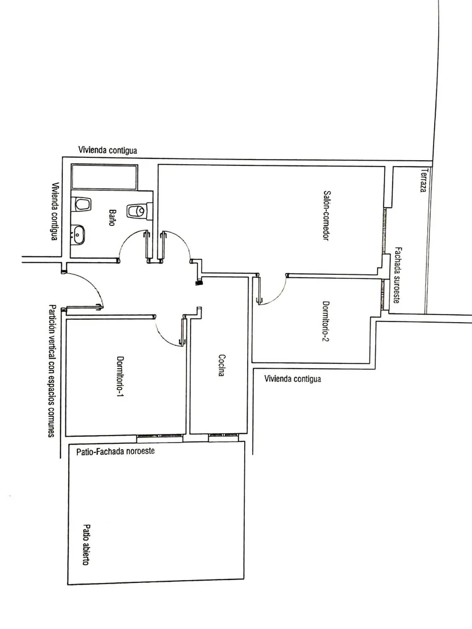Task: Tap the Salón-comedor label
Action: coord(326,215)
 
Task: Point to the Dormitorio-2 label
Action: coord(326,321)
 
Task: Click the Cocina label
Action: coord(221,365)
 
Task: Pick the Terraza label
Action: coord(423,180)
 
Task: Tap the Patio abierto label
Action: coord(86,545)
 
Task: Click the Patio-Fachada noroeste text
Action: coord(115,451)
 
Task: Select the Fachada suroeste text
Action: coord(397,275)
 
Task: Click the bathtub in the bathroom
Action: coord(104,177)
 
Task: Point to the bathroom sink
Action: coord(78,235)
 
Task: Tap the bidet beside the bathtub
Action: coord(82,204)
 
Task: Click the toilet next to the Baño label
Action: coord(139,211)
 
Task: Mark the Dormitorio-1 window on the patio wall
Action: coord(160,436)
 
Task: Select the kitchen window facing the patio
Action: coord(223,435)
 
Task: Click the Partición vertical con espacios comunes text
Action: coord(51,370)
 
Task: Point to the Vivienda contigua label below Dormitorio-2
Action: coord(293,379)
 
